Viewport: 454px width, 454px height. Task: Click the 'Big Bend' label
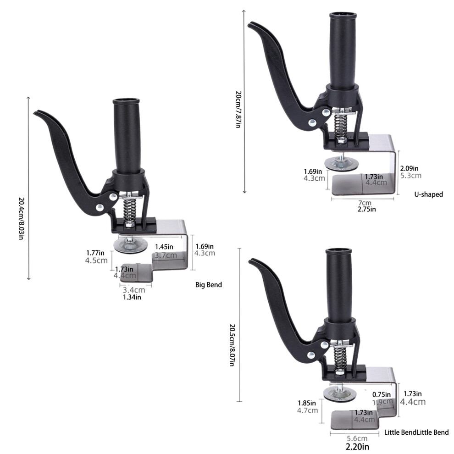tap(209, 285)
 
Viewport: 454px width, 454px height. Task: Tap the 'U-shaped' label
tap(428, 194)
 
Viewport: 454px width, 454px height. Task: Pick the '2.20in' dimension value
tap(358, 447)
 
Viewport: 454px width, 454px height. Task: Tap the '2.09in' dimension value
tap(409, 168)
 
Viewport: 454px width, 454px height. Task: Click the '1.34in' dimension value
tap(132, 297)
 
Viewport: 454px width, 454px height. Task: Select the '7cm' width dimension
tap(365, 203)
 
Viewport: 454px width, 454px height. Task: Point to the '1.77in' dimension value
tap(95, 253)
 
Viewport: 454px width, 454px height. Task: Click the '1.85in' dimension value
tap(307, 403)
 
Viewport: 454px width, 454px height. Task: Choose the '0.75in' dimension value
tap(382, 394)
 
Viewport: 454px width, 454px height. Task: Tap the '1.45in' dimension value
tap(164, 247)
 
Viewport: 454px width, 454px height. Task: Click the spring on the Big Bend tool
tap(128, 210)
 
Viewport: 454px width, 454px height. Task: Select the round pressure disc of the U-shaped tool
tap(342, 163)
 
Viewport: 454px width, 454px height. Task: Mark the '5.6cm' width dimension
tap(357, 439)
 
